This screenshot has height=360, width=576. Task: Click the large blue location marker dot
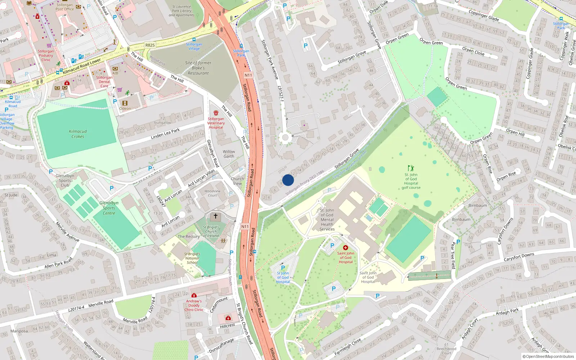[x=288, y=180]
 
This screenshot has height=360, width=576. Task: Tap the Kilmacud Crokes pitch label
[x=78, y=134]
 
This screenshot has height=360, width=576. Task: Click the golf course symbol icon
[x=411, y=168]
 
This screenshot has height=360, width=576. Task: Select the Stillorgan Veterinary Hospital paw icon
[x=216, y=113]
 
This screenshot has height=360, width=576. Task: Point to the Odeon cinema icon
[x=125, y=103]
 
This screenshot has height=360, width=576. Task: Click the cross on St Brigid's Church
[x=216, y=216]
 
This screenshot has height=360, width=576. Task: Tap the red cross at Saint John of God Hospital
[x=346, y=248]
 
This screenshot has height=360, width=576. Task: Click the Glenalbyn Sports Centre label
[x=109, y=208]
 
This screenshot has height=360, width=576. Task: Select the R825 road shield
[x=150, y=45]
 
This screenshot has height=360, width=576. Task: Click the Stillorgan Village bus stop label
[x=194, y=46]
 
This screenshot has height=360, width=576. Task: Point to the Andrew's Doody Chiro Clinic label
[x=194, y=305]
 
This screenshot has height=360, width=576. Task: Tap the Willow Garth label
[x=229, y=154]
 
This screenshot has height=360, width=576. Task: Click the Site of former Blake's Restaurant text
[x=198, y=68]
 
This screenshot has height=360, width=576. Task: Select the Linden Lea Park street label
[x=165, y=134]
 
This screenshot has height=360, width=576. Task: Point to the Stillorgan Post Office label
[x=64, y=7]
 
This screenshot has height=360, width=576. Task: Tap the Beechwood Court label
[x=446, y=351]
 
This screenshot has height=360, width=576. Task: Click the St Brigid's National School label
[x=192, y=258]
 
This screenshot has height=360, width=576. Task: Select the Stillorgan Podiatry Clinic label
[x=46, y=55]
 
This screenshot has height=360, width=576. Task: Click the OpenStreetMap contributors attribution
[x=548, y=356]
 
